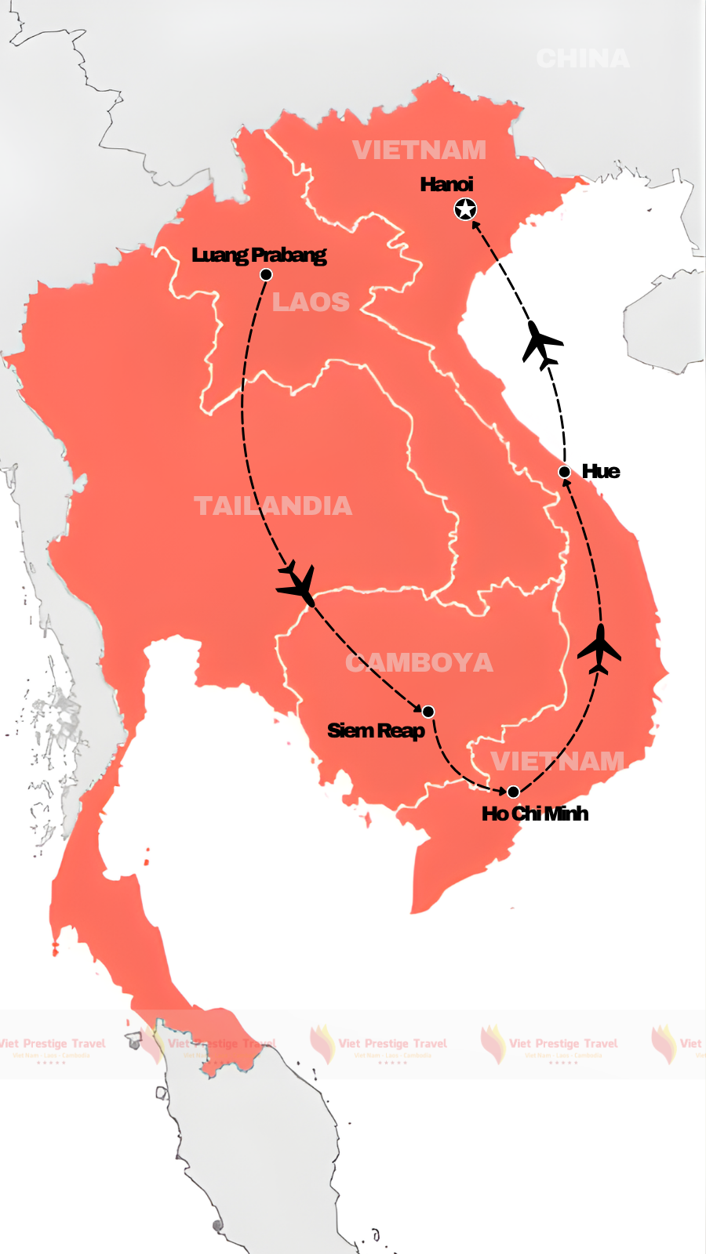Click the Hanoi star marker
[x=465, y=209]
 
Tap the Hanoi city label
[x=446, y=184]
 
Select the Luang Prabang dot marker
[x=266, y=274]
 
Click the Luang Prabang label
[x=259, y=255]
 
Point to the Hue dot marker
[x=564, y=472]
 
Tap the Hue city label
[x=601, y=471]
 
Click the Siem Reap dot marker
[x=428, y=712]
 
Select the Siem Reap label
[x=376, y=730]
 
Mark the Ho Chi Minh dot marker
[x=513, y=792]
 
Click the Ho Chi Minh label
[x=535, y=814]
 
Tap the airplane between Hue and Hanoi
[x=541, y=345]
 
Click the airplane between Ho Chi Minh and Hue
[x=599, y=649]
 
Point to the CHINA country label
[x=583, y=59]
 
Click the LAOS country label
[x=311, y=302]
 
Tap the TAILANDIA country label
[x=273, y=506]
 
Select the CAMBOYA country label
[x=419, y=663]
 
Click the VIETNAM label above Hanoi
[x=419, y=150]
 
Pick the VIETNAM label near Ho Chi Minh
[x=558, y=761]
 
